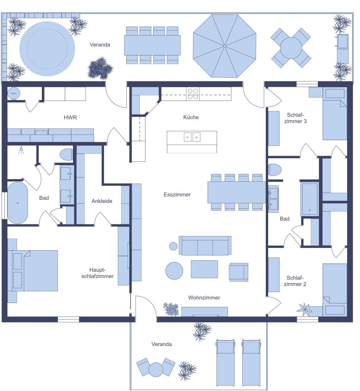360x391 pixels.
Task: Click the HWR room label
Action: point(69,117)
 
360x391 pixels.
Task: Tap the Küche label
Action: point(191,117)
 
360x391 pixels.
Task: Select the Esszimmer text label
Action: point(177,194)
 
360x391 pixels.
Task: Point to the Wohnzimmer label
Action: point(204,298)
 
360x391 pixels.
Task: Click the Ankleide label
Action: point(102,201)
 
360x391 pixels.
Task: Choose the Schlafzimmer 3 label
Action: point(297,118)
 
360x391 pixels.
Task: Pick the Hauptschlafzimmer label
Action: point(101,273)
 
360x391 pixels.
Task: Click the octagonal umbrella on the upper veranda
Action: point(224,46)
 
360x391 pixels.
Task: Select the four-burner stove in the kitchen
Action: point(193,94)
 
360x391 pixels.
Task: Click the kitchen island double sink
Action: point(192,137)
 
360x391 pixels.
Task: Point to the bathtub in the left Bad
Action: point(18,203)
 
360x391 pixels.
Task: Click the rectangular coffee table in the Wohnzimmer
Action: point(204,269)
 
